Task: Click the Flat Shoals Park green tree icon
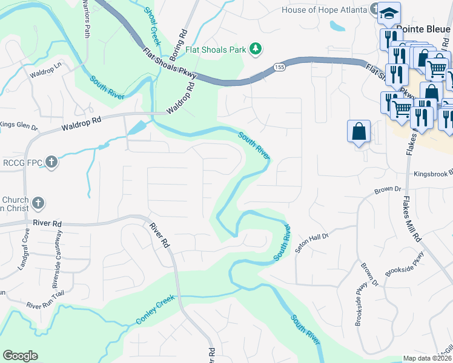pos(256,49)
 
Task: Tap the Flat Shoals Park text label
pos(217,50)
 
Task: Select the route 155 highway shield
pos(279,67)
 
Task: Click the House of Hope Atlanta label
pos(325,10)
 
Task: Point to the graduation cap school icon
pos(391,13)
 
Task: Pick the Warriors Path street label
pos(87,21)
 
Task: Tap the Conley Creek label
pos(155,309)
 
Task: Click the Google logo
pos(20,356)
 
